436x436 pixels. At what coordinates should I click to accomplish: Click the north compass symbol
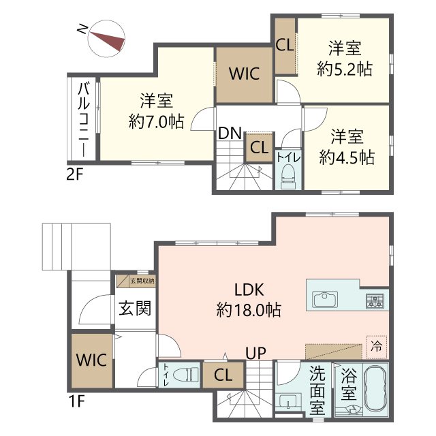point(106,38)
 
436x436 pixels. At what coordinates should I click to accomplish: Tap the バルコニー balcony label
point(84,119)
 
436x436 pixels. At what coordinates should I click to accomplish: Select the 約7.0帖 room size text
point(157,121)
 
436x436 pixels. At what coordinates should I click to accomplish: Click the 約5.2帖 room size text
point(345,69)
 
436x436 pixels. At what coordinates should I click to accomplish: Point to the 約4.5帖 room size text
point(347,157)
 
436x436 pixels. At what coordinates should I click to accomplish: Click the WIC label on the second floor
point(245,74)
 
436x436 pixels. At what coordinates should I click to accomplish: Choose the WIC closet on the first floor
point(92,360)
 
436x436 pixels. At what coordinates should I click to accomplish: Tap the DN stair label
point(230,134)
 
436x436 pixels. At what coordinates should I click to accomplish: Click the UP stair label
point(256,353)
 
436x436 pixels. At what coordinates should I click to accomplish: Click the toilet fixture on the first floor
point(186,374)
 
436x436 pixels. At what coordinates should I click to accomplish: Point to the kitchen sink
point(325,299)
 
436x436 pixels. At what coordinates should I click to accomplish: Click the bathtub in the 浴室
point(375,389)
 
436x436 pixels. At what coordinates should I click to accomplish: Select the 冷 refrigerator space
point(377,347)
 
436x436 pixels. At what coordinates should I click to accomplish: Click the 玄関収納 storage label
point(142,281)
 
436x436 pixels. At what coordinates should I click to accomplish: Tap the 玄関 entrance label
point(135,308)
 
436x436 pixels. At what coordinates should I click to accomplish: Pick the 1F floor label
point(76,401)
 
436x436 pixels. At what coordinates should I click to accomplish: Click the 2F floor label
point(75,174)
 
